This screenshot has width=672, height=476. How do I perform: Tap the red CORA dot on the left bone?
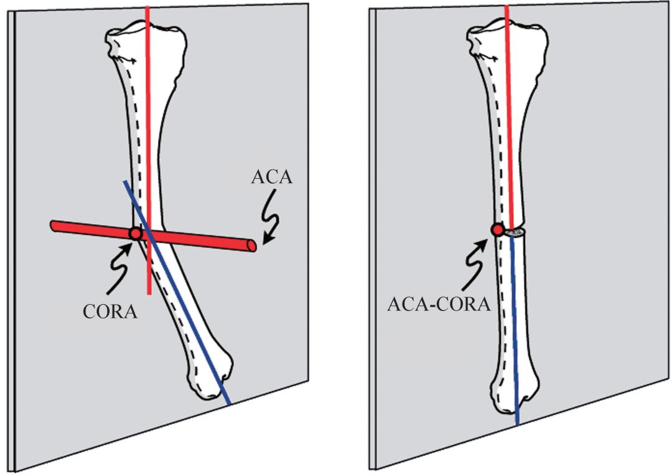pos(135,233)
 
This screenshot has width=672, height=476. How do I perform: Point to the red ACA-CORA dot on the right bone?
pos(497,230)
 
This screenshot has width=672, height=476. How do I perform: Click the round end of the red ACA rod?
pos(252,246)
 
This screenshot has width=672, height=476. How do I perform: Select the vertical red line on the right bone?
pos(509,125)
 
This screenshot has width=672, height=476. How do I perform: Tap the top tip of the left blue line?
pos(125,182)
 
